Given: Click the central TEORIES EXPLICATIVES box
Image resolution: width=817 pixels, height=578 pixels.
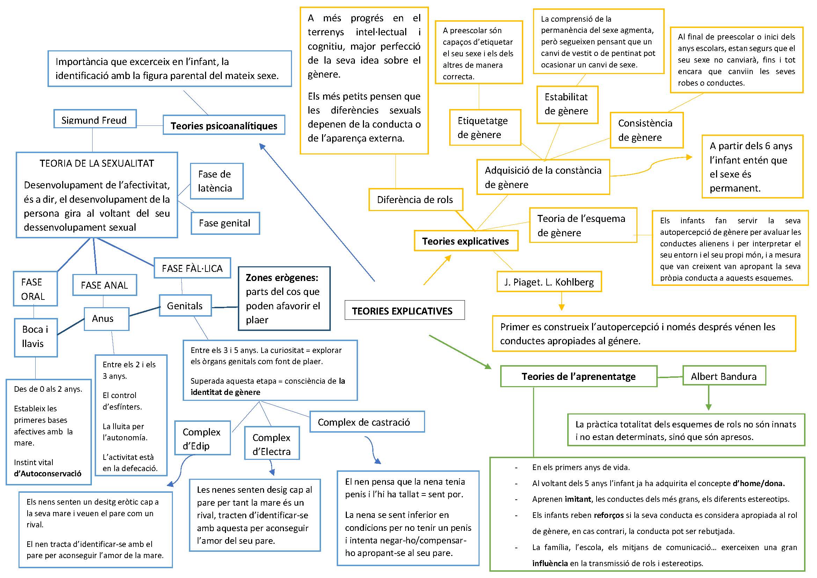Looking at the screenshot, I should point(404,310).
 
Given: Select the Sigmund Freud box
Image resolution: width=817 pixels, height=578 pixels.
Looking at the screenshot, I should point(95,119).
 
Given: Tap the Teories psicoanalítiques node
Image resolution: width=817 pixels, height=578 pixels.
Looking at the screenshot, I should point(224,125).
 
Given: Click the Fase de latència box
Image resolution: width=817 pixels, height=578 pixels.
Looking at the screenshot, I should point(216,181).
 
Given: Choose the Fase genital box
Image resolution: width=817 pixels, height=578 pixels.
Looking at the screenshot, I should point(225,223).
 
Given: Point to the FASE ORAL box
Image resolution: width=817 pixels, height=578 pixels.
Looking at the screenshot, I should point(35,289).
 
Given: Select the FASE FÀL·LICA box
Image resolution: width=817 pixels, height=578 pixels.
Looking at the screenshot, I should point(192,268).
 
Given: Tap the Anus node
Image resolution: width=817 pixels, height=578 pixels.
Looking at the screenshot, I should point(106,319).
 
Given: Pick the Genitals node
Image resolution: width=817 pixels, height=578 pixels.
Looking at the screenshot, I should point(185,306).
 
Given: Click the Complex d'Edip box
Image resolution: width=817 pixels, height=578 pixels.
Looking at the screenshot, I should point(202,438).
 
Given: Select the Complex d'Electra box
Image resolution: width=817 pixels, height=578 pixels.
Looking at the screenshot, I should point(272,444).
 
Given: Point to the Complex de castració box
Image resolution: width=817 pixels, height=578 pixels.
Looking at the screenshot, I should point(366,422).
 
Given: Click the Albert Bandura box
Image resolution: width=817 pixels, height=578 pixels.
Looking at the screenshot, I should point(724,376).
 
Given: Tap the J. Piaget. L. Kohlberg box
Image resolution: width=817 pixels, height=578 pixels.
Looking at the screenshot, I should point(549,282).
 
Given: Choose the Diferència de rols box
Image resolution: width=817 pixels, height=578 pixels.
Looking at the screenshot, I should point(415,200).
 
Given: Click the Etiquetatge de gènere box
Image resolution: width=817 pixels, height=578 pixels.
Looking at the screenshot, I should point(485,128).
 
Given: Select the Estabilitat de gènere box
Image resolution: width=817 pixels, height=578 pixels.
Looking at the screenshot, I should point(567,104).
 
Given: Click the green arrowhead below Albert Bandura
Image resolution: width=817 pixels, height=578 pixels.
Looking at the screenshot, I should point(708,407).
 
